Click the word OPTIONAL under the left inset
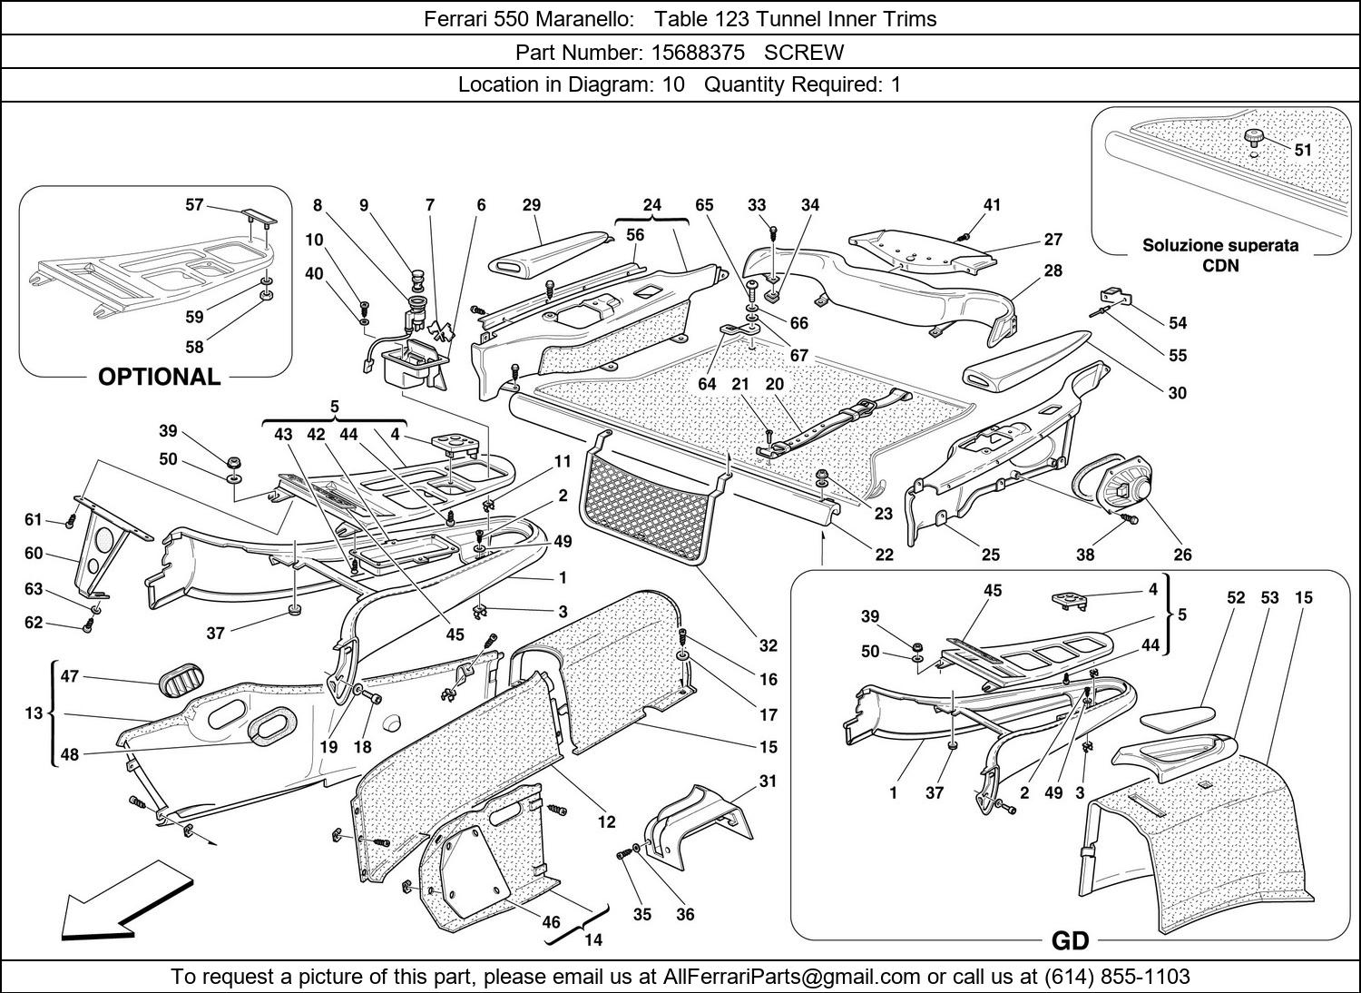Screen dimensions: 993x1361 159,377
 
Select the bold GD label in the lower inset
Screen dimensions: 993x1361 1070,941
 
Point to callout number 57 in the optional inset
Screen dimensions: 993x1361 194,205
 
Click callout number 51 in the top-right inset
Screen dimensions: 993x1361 1303,150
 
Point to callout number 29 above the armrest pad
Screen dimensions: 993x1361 532,205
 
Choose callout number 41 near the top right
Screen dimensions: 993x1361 992,205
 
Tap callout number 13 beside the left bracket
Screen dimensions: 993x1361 34,713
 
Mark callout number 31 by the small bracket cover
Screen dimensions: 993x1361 768,781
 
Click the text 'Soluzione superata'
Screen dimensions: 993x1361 1219,245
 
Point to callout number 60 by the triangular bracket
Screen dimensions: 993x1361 34,553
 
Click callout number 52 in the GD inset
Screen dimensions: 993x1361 1236,597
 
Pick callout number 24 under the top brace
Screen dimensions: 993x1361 652,205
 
